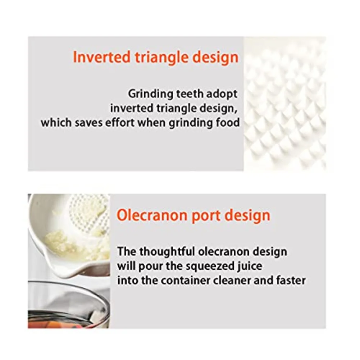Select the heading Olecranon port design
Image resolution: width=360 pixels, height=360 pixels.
(x=193, y=215)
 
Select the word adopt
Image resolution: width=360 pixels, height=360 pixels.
(x=223, y=94)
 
